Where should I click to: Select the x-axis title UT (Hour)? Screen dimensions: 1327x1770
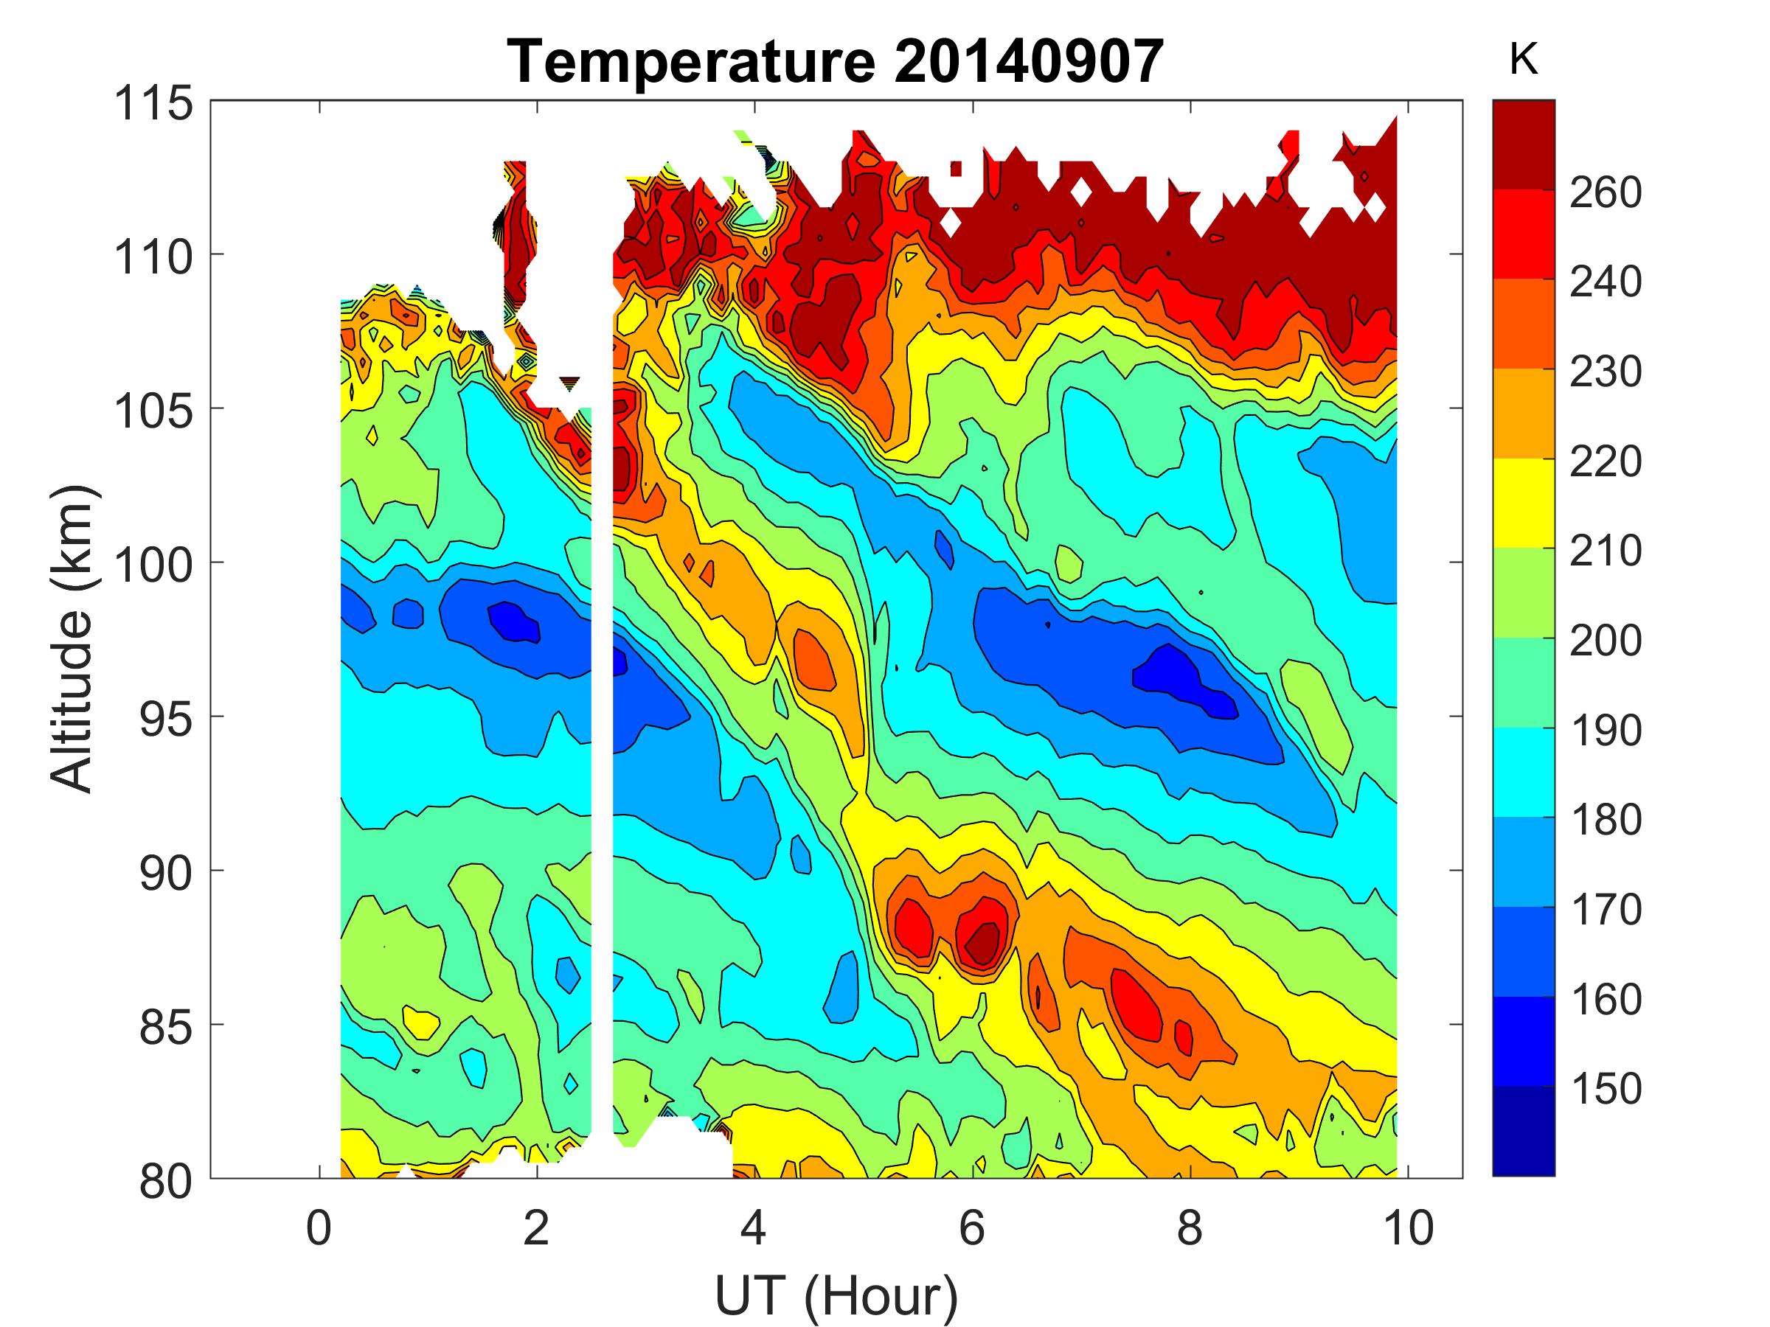click(x=836, y=1296)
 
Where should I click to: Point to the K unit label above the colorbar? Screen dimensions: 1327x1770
click(x=1523, y=60)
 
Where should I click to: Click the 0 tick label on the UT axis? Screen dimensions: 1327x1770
click(x=319, y=1227)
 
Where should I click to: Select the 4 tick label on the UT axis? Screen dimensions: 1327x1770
click(x=754, y=1227)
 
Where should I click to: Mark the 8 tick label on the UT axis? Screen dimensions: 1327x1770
click(x=1190, y=1227)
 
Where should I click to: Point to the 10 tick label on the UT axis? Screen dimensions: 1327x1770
click(x=1407, y=1227)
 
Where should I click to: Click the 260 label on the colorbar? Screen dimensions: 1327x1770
click(x=1605, y=192)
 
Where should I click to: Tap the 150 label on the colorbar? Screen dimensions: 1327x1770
click(x=1605, y=1089)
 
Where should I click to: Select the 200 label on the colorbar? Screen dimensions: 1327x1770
click(x=1605, y=641)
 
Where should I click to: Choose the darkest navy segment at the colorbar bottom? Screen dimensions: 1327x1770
click(x=1523, y=1131)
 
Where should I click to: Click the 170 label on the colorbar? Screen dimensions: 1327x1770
click(x=1605, y=910)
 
